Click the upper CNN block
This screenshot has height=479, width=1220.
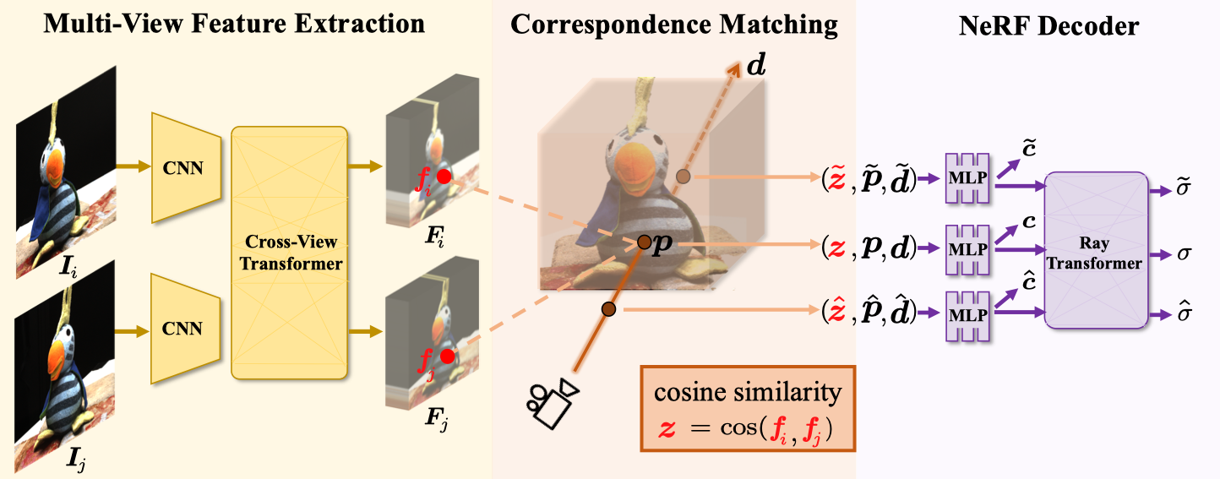(x=186, y=167)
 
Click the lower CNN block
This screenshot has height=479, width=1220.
(x=186, y=329)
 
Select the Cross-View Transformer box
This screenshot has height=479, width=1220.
(x=289, y=253)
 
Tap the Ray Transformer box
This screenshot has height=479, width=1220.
(x=1097, y=250)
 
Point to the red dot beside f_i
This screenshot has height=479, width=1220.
(x=444, y=177)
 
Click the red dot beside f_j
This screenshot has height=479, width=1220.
(x=447, y=357)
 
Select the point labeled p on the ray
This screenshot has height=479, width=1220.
(x=644, y=242)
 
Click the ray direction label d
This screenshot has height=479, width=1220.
(x=756, y=64)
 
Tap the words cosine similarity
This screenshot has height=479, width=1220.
(x=748, y=392)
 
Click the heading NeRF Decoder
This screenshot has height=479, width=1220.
(x=1049, y=25)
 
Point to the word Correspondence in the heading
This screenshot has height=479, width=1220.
(x=608, y=25)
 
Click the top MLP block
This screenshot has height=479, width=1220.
(x=967, y=178)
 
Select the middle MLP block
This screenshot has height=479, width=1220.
(x=967, y=250)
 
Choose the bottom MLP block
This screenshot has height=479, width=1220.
(x=967, y=316)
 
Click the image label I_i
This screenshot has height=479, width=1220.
(x=68, y=266)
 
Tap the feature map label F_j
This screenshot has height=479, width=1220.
(x=436, y=418)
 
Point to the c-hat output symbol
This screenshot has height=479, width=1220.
(x=1029, y=280)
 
